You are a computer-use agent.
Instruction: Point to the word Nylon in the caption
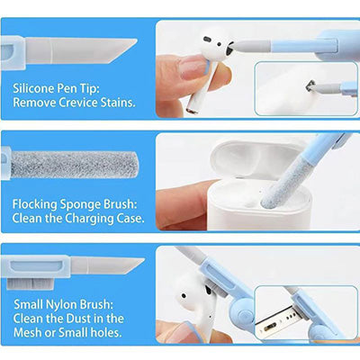(x=59, y=302)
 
